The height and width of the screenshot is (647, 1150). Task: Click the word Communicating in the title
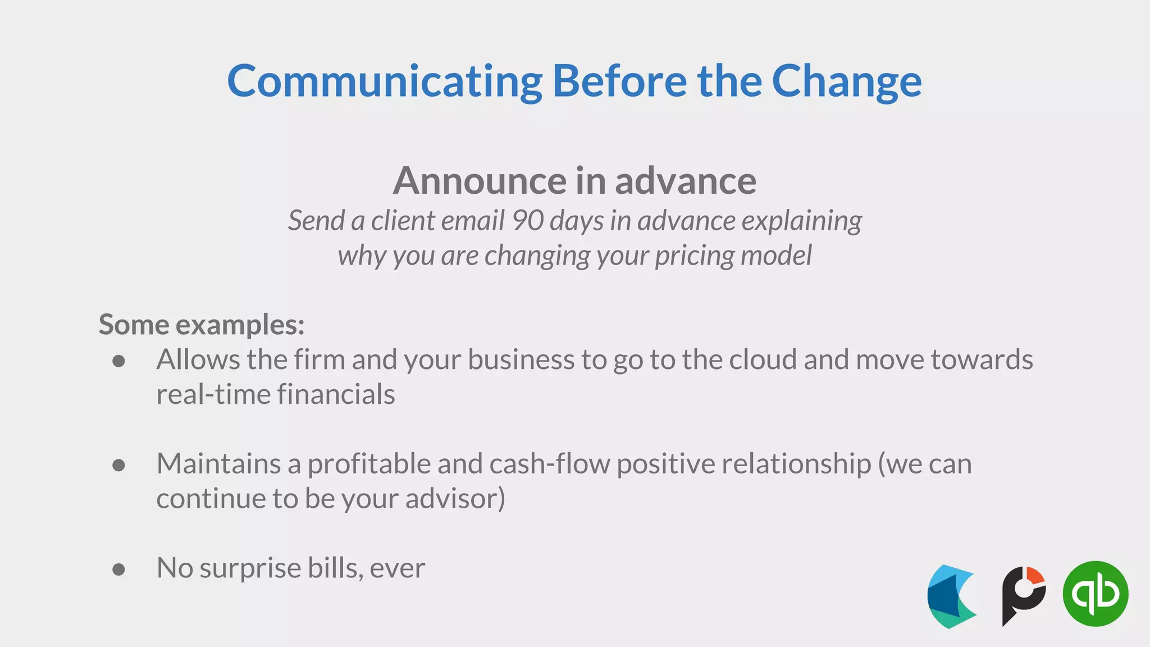click(x=385, y=82)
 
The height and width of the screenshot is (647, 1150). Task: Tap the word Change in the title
click(x=846, y=82)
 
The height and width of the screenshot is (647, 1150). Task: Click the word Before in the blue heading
click(x=619, y=82)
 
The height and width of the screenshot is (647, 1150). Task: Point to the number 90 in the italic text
click(x=527, y=220)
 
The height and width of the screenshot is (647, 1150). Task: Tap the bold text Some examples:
click(x=202, y=325)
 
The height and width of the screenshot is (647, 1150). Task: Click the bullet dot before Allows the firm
click(x=118, y=361)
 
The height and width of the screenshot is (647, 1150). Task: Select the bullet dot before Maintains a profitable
click(x=118, y=465)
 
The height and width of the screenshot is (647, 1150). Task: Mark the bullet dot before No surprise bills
click(x=118, y=569)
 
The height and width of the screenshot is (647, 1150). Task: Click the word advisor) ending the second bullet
click(x=455, y=499)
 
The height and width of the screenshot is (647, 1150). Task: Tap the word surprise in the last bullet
click(x=250, y=568)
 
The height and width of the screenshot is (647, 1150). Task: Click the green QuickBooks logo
click(x=1095, y=594)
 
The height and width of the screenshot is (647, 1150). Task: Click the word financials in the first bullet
click(x=335, y=394)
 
